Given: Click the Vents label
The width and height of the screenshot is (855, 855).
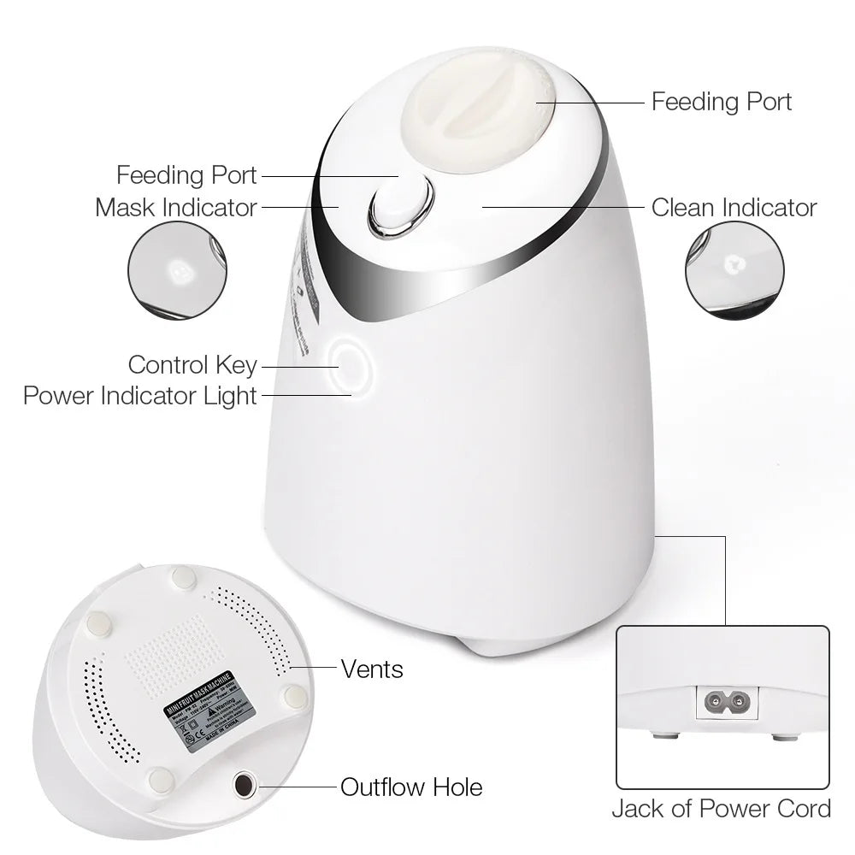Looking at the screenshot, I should click(372, 669).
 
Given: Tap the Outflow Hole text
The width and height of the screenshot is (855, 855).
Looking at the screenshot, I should click(411, 787).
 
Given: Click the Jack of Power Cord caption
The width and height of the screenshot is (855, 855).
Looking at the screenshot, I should click(721, 809).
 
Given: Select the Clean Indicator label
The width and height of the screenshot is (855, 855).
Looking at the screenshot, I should click(734, 208).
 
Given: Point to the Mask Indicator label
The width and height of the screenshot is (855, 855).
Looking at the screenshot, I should click(176, 208).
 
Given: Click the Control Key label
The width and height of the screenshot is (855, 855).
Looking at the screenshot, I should click(192, 365).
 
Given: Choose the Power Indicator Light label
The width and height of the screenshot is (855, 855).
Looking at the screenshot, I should click(140, 396).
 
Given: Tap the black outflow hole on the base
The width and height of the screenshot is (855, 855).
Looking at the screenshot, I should click(244, 785).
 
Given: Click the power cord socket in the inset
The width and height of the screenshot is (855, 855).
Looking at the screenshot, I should click(722, 704).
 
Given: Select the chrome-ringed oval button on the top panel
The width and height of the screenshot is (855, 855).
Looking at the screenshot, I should click(400, 207).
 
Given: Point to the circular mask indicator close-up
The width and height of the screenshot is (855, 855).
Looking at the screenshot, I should click(178, 272).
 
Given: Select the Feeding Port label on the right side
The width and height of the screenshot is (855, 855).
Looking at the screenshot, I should click(722, 102).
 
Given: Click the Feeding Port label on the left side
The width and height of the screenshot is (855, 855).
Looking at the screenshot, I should click(186, 175).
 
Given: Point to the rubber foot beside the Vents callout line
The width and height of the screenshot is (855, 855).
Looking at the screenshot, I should click(295, 697).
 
